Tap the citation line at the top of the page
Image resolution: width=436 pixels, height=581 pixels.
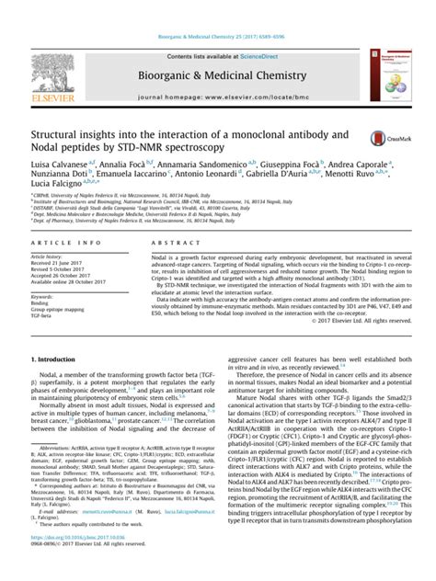[217, 10]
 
